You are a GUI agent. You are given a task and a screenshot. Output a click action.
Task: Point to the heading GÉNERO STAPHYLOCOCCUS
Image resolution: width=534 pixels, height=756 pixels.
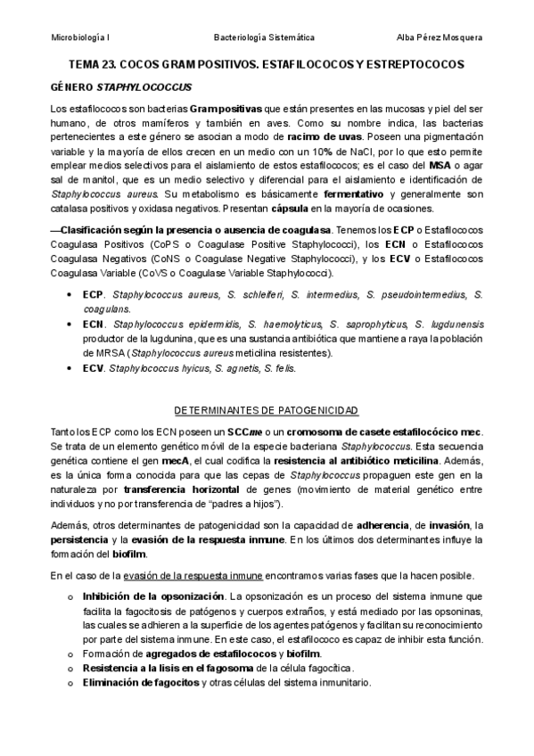(113, 88)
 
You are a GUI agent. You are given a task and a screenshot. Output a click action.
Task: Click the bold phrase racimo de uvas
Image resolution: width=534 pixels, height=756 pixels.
(325, 137)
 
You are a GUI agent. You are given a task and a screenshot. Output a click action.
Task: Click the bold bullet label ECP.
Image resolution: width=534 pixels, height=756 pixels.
(93, 294)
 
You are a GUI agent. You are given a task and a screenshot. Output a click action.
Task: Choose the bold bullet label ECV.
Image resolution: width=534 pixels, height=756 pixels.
(93, 367)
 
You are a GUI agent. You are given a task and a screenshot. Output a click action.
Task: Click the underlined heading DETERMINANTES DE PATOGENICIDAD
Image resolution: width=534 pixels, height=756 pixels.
(266, 410)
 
